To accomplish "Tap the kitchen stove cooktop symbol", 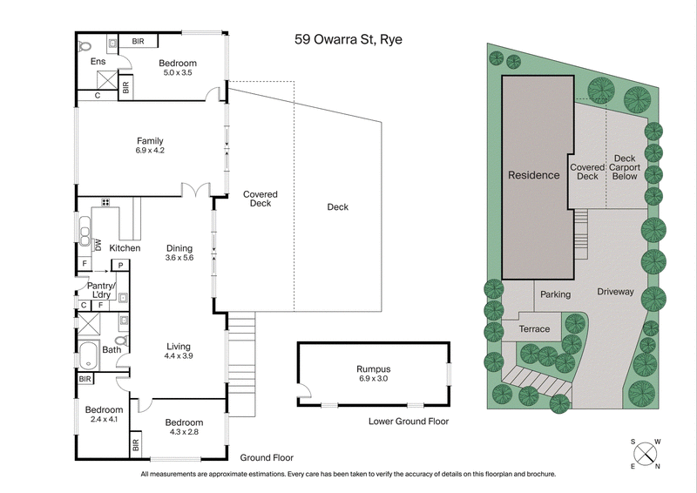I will (105, 203).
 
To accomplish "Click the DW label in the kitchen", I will (98, 246).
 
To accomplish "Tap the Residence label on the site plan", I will (534, 175).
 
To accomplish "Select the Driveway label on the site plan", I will (615, 292).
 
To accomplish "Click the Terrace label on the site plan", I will (535, 328).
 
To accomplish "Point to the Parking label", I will (555, 294).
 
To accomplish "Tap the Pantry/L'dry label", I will (98, 290).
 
